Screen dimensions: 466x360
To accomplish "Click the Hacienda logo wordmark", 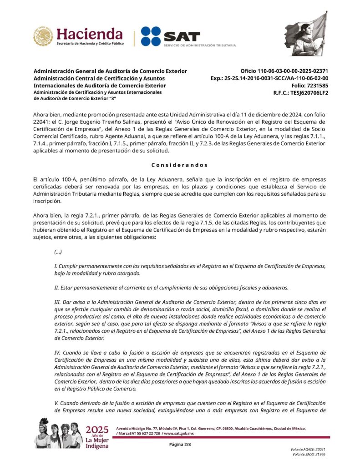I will coord(89,34).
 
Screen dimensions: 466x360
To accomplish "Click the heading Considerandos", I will coord(179,165).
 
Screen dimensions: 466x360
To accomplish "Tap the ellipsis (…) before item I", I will coord(58,252).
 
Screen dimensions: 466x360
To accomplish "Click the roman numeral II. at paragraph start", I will coord(56,287).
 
